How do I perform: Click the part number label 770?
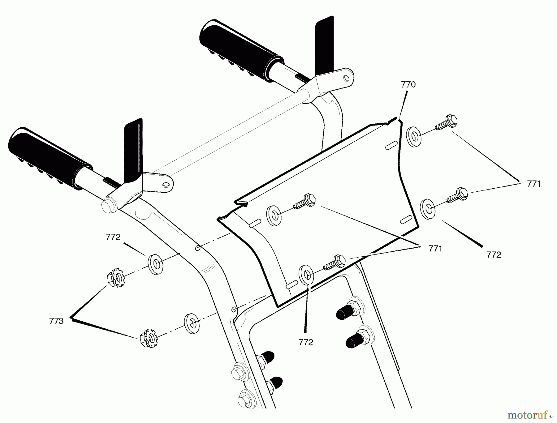pyautogui.click(x=408, y=85)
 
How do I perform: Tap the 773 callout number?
pyautogui.click(x=56, y=321)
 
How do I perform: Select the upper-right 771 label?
pyautogui.click(x=534, y=184)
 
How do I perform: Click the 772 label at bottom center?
pyautogui.click(x=306, y=342)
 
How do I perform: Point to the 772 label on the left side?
pyautogui.click(x=113, y=237)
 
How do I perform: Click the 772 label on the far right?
pyautogui.click(x=494, y=255)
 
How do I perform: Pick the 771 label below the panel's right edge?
pyautogui.click(x=435, y=248)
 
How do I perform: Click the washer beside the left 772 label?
pyautogui.click(x=156, y=264)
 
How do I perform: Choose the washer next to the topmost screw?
pyautogui.click(x=414, y=136)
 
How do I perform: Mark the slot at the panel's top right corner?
pyautogui.click(x=391, y=145)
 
